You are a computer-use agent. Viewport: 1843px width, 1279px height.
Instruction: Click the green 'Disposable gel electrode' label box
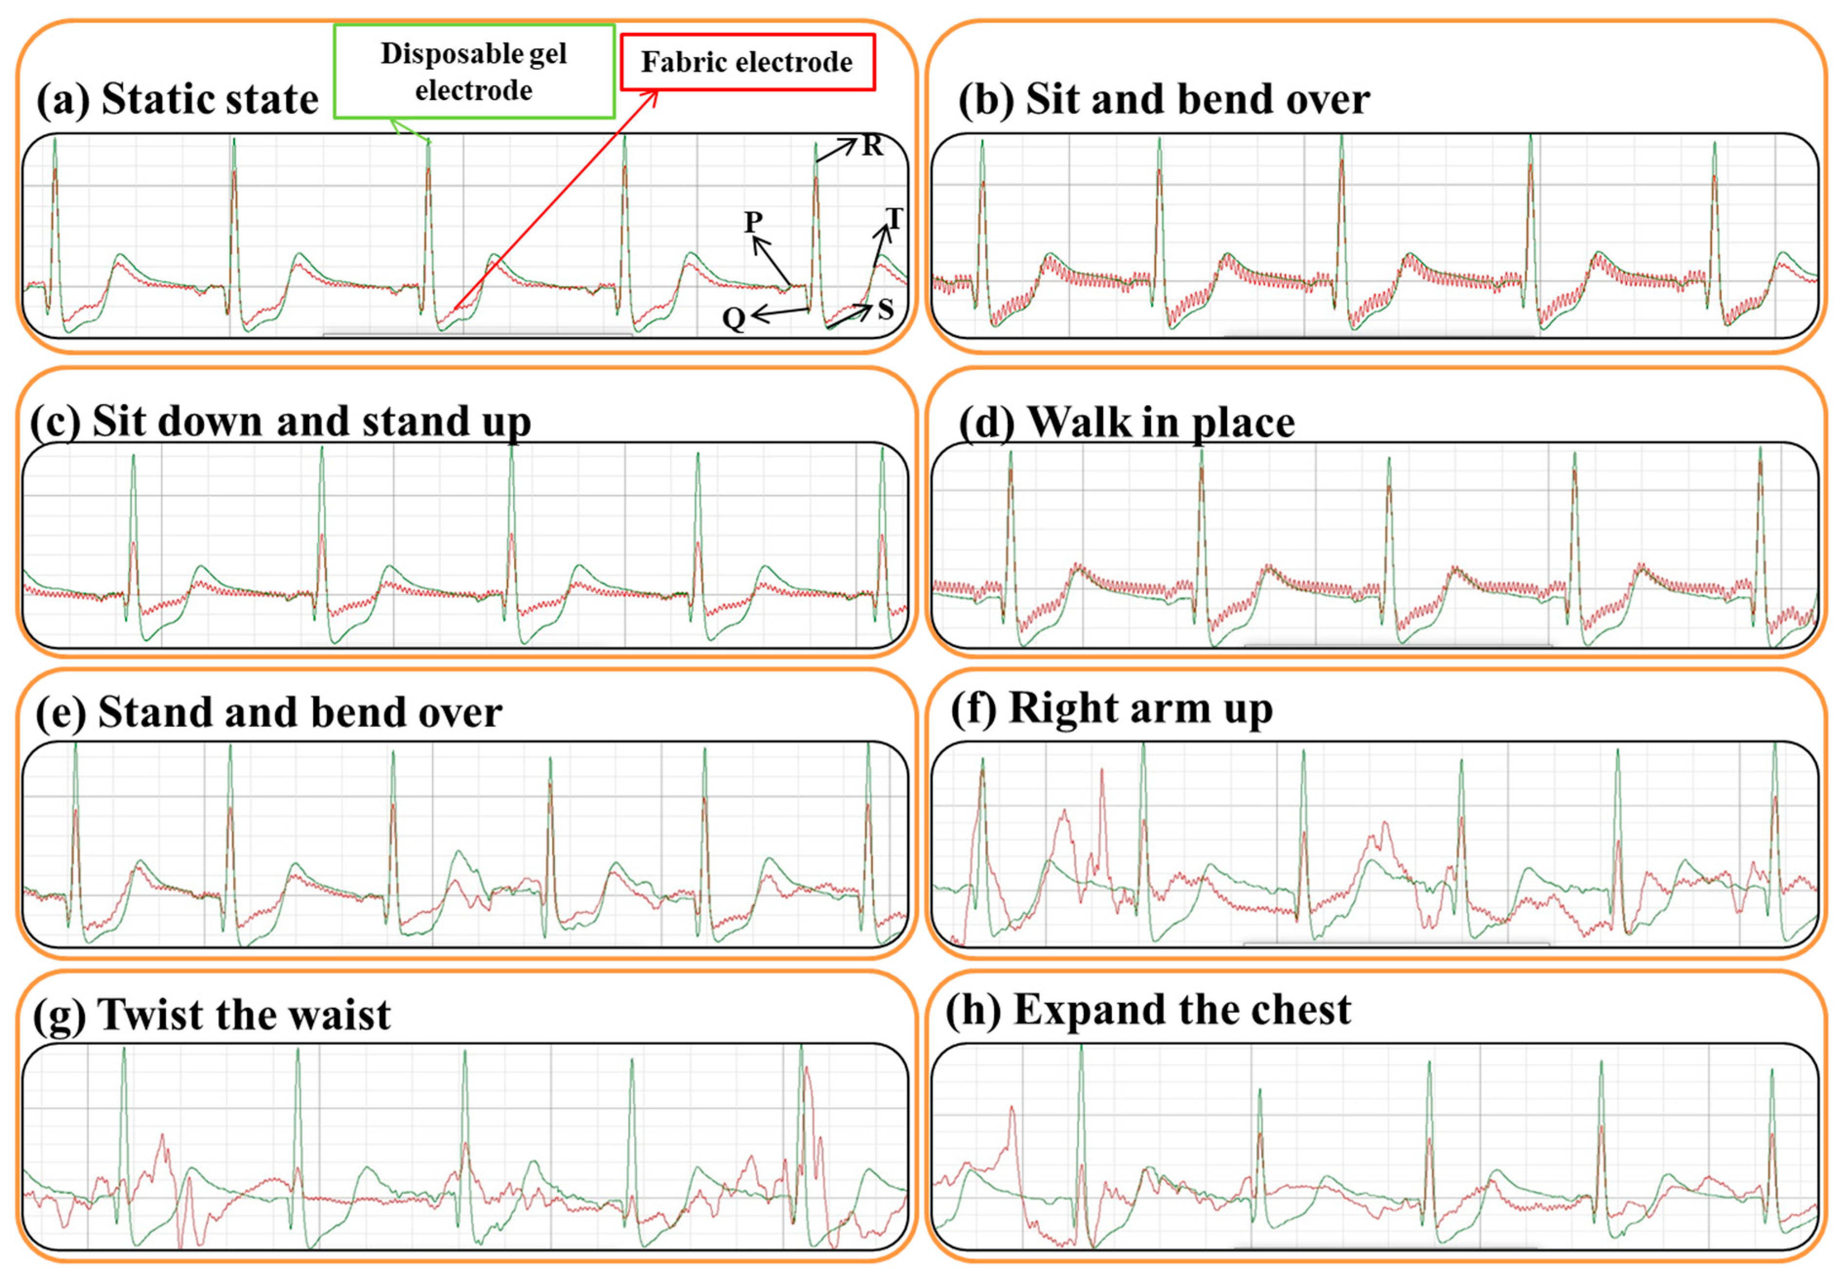tap(474, 71)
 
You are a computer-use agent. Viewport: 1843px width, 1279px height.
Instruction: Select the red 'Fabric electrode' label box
tap(747, 62)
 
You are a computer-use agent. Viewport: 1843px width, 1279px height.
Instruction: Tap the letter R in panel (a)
tap(872, 146)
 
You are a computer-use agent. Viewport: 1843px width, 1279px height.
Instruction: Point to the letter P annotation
tap(753, 221)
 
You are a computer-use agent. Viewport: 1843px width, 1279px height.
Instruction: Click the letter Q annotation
tap(733, 319)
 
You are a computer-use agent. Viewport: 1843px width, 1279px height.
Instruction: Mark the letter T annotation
tap(893, 218)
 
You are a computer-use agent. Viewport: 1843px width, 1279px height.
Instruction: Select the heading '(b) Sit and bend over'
tap(1164, 99)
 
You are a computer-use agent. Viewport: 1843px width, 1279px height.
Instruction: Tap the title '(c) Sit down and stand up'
tap(280, 421)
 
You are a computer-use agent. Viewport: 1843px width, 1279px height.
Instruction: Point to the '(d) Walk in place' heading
tap(1126, 421)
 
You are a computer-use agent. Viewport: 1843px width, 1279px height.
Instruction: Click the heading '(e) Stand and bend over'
tap(268, 711)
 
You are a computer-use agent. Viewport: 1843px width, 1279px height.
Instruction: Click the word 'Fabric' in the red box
tap(682, 62)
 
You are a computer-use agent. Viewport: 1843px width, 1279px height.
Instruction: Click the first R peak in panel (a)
tap(55, 141)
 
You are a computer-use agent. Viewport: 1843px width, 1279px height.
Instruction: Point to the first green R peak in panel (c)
tap(134, 457)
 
